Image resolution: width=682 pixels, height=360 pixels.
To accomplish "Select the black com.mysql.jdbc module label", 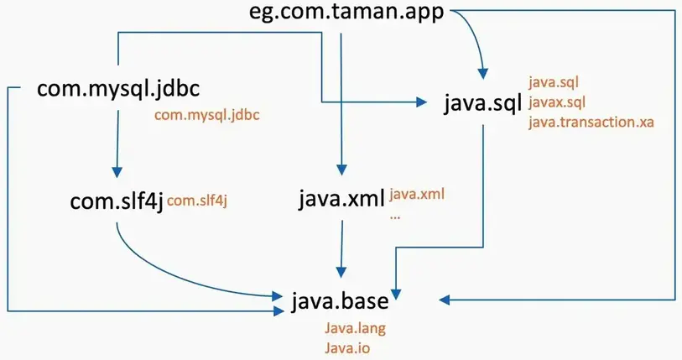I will tap(117, 89).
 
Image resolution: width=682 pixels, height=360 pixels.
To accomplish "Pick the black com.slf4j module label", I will tap(117, 202).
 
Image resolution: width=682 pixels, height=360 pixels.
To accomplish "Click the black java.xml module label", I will tap(341, 201).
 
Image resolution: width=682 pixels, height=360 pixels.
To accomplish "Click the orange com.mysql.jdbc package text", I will tap(207, 116).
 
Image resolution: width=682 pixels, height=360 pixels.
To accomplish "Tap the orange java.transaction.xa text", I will tap(591, 122).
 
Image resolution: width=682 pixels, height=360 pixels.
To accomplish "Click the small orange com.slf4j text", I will tap(198, 200).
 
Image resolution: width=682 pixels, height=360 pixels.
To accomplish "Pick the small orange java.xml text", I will tap(416, 195).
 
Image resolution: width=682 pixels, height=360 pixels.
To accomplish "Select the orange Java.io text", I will tap(345, 347).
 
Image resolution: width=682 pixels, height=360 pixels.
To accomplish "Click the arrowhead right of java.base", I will tap(442, 299).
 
